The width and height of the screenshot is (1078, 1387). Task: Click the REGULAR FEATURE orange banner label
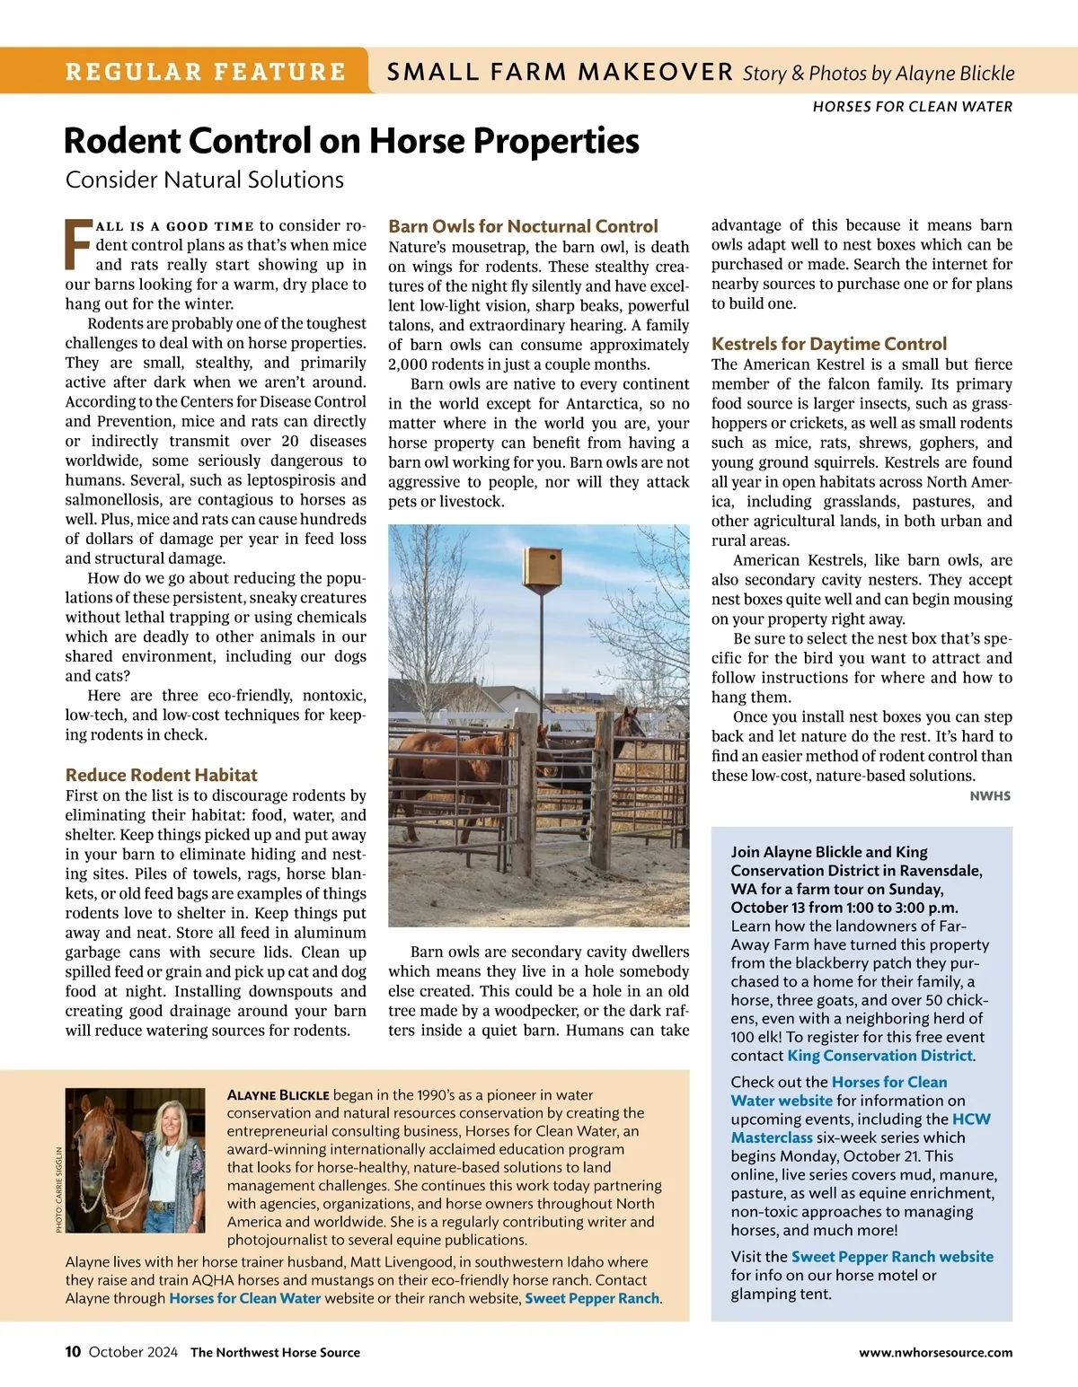click(205, 72)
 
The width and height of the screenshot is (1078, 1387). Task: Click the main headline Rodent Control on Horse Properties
click(351, 141)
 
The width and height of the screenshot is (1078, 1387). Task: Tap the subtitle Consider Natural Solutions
click(205, 180)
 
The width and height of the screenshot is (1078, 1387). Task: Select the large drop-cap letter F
click(78, 244)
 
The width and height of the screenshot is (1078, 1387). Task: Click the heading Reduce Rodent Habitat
click(161, 775)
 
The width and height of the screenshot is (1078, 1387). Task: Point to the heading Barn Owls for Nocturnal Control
click(523, 226)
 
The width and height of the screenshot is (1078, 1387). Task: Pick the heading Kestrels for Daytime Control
click(828, 344)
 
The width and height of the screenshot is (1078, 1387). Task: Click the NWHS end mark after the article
click(990, 796)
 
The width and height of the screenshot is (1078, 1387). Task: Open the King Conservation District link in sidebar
click(879, 1056)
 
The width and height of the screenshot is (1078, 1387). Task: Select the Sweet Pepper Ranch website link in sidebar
click(892, 1257)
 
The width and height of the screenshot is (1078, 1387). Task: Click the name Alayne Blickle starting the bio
click(278, 1095)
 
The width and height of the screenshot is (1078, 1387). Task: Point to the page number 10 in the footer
click(73, 1352)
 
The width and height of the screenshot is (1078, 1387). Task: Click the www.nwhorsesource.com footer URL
click(935, 1353)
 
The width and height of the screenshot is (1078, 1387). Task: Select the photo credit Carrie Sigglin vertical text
click(59, 1189)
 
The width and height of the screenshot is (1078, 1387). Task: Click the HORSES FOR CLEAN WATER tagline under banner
click(912, 107)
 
